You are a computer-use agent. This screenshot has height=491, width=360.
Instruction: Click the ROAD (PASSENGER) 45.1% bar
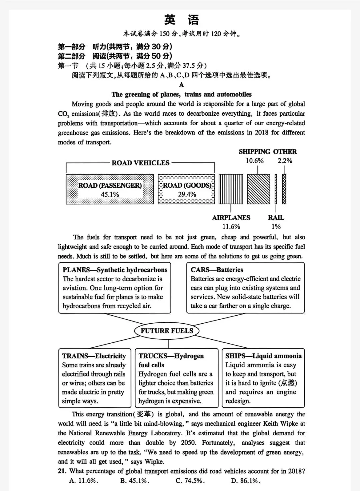point(110,189)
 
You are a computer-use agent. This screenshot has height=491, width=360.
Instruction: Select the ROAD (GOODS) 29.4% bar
point(186,189)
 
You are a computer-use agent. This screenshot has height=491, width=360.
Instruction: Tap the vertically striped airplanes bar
point(231,189)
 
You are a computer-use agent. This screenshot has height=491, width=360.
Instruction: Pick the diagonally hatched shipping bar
point(259,189)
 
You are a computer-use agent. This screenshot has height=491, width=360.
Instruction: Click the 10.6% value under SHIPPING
point(255,161)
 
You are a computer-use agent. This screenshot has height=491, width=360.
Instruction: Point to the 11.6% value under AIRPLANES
point(231,227)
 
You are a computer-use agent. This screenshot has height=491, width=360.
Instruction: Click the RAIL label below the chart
point(276,218)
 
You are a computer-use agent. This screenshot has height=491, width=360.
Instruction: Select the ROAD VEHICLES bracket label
point(140,163)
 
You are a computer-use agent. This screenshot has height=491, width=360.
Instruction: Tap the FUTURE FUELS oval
point(167,331)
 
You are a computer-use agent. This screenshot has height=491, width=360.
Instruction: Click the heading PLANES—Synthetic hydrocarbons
point(115,270)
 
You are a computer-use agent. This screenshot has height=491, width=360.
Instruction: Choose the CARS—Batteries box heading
point(217,270)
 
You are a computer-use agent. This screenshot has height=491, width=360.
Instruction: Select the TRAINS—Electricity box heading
point(94,356)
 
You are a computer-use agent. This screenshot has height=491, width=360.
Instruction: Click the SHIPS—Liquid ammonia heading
point(263,356)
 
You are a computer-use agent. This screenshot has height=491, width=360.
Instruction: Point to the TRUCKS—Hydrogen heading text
point(171,356)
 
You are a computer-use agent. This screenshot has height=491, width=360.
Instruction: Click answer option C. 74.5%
point(190,481)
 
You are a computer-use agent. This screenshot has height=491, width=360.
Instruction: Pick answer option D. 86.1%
point(245,481)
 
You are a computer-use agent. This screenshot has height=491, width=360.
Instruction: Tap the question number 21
point(62,471)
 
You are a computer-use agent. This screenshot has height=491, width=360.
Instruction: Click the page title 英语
point(181,20)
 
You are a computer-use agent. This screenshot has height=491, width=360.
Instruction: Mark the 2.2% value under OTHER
point(285,161)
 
